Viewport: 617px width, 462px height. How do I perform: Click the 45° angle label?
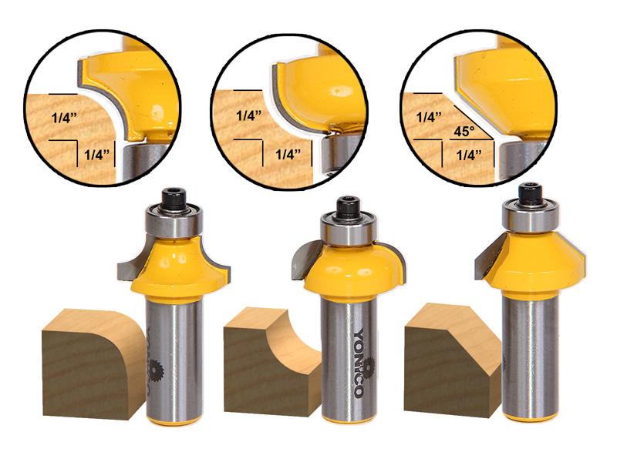tap(464, 131)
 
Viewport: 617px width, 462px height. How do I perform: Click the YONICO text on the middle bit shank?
tap(359, 363)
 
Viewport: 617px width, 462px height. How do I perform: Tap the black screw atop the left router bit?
tap(174, 199)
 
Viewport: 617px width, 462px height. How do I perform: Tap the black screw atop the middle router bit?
tap(349, 206)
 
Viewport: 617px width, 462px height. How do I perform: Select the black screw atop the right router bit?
tap(530, 194)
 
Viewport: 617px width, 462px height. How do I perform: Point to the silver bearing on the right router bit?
tap(531, 218)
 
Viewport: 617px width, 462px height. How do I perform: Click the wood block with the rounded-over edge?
tap(93, 363)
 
